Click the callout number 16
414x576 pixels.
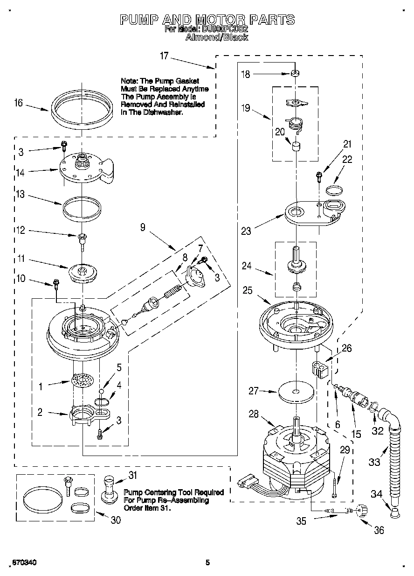click(x=19, y=104)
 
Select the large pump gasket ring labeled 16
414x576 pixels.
click(x=82, y=110)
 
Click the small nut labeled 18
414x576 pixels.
click(x=295, y=73)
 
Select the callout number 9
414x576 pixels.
click(x=143, y=227)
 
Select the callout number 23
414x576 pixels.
click(x=246, y=230)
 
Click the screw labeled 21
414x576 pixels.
click(x=319, y=176)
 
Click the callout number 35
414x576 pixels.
click(x=302, y=521)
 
